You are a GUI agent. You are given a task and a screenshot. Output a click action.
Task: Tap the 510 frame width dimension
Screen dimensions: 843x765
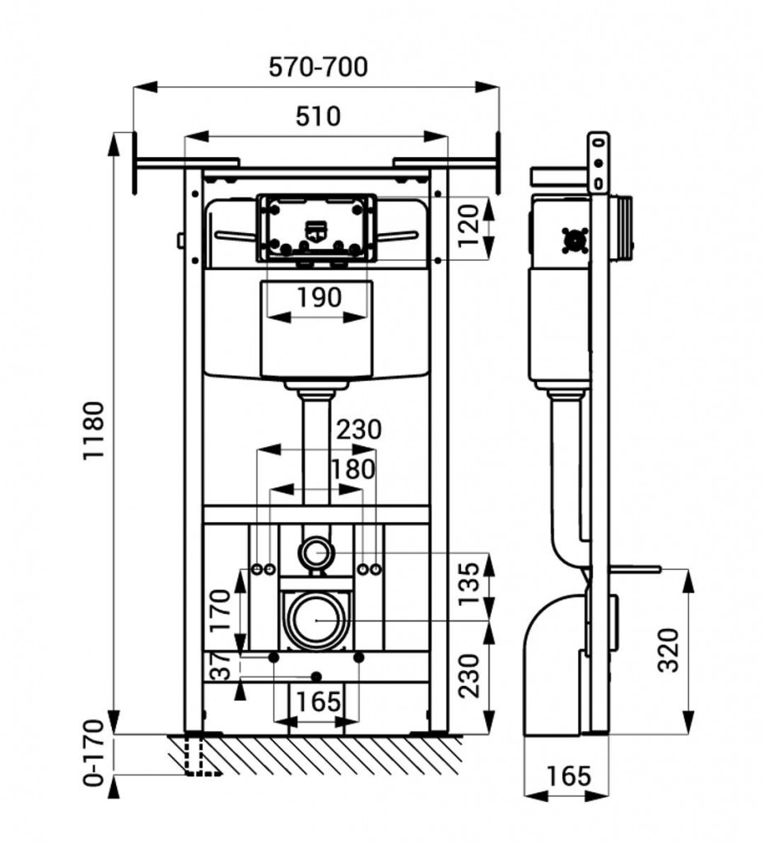(317, 116)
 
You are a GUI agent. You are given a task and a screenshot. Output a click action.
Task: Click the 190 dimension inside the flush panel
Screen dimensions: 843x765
(318, 297)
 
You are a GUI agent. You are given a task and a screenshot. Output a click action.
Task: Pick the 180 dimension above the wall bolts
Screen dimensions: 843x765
(352, 469)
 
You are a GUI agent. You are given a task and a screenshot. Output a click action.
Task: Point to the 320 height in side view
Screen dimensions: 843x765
(669, 650)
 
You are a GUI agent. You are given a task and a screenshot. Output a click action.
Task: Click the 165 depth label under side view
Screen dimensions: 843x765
(568, 775)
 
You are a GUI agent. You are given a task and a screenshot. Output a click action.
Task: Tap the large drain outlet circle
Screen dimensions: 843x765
(317, 619)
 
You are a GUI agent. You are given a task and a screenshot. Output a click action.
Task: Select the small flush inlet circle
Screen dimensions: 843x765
(315, 552)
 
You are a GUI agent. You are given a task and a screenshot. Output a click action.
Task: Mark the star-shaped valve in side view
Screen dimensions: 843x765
(574, 240)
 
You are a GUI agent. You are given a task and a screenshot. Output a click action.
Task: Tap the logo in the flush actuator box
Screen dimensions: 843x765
(316, 232)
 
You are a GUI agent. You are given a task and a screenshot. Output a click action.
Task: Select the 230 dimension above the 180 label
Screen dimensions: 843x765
(359, 429)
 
